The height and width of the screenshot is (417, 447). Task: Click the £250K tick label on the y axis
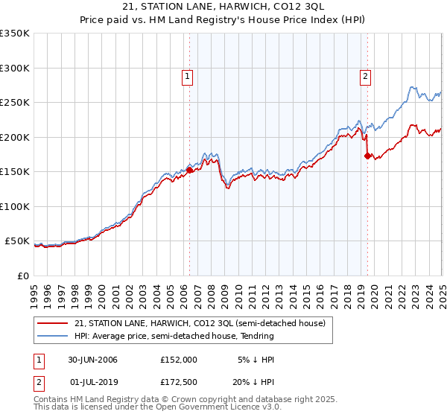[x=15, y=103]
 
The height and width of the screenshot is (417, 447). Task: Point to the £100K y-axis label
[x=15, y=206]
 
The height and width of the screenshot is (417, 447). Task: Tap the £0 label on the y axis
[x=24, y=276]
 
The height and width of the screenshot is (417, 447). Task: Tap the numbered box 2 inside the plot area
[x=366, y=75]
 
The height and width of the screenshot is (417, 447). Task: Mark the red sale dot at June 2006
[x=189, y=170]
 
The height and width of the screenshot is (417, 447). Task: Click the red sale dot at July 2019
[x=367, y=156]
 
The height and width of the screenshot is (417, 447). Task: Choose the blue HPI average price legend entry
[x=174, y=336]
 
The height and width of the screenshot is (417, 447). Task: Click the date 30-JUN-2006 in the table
[x=92, y=359]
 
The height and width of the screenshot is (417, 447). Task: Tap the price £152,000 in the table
[x=179, y=359]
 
